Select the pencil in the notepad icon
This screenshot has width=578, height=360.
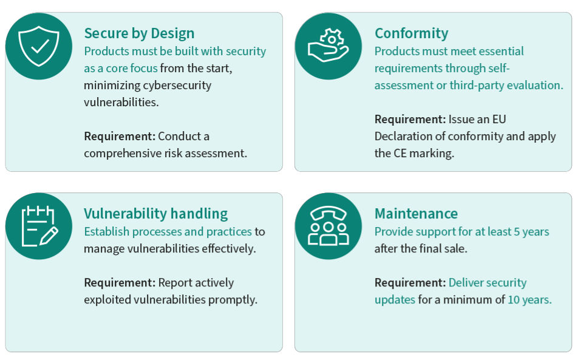[x=46, y=235]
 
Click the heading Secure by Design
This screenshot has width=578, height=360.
[x=139, y=33]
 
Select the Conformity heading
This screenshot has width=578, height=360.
[x=411, y=33]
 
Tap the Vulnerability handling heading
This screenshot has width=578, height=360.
[x=155, y=213]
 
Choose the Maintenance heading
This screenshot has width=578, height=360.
[x=416, y=213]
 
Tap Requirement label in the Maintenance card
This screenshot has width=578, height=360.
[x=410, y=282]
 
